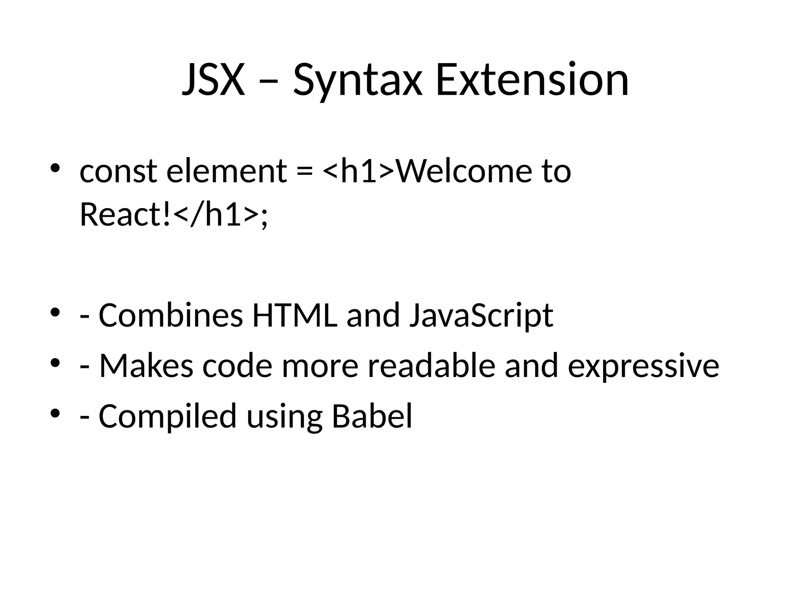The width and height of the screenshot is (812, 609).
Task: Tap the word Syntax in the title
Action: coord(357,81)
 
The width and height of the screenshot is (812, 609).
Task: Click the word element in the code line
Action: coord(226,171)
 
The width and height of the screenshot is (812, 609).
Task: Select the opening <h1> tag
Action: coord(359,171)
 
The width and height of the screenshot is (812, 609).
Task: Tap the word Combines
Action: coord(170,315)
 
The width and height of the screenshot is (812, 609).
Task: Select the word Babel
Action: coord(372,416)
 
